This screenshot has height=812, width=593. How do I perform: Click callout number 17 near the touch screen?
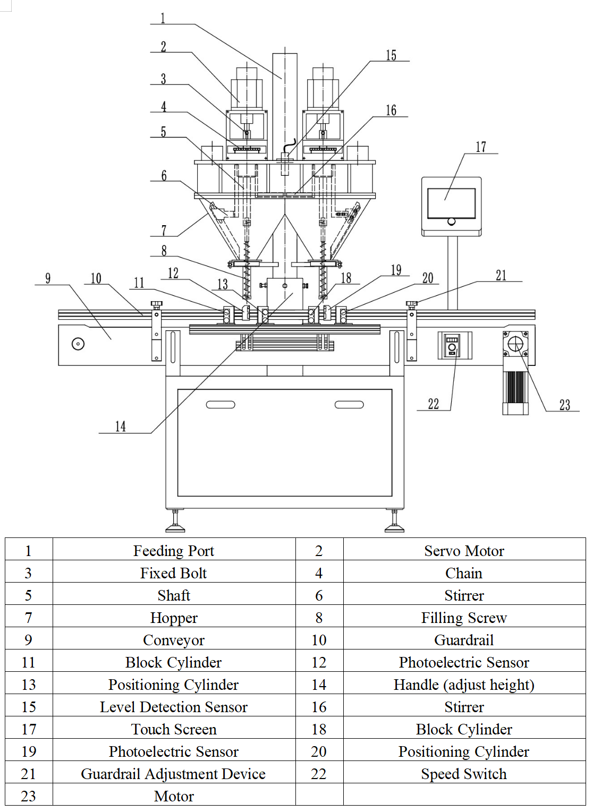tap(480, 147)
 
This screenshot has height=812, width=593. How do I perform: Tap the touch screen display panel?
tap(451, 202)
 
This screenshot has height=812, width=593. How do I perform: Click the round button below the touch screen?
tap(451, 221)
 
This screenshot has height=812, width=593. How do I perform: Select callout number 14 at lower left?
tap(121, 426)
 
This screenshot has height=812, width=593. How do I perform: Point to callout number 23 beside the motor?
tap(564, 405)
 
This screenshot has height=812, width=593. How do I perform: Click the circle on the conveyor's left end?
tap(78, 344)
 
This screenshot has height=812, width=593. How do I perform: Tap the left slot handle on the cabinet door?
tap(221, 405)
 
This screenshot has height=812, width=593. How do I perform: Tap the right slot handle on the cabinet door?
tap(349, 405)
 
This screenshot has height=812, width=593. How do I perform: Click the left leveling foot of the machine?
tap(175, 524)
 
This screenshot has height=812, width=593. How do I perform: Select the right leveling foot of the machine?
tap(394, 524)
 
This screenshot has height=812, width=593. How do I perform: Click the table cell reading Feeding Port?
tap(174, 551)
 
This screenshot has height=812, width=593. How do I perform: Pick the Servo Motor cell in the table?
tap(464, 551)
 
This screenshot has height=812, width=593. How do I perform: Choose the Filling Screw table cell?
tap(464, 618)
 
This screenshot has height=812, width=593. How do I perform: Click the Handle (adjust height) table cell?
tap(464, 685)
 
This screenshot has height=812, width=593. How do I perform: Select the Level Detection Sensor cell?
tap(174, 707)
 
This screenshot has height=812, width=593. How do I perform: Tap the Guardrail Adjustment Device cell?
tap(174, 774)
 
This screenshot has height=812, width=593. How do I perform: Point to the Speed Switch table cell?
tap(464, 774)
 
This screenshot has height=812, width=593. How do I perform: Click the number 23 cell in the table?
tap(29, 796)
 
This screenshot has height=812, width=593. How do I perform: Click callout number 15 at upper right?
tap(391, 55)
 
